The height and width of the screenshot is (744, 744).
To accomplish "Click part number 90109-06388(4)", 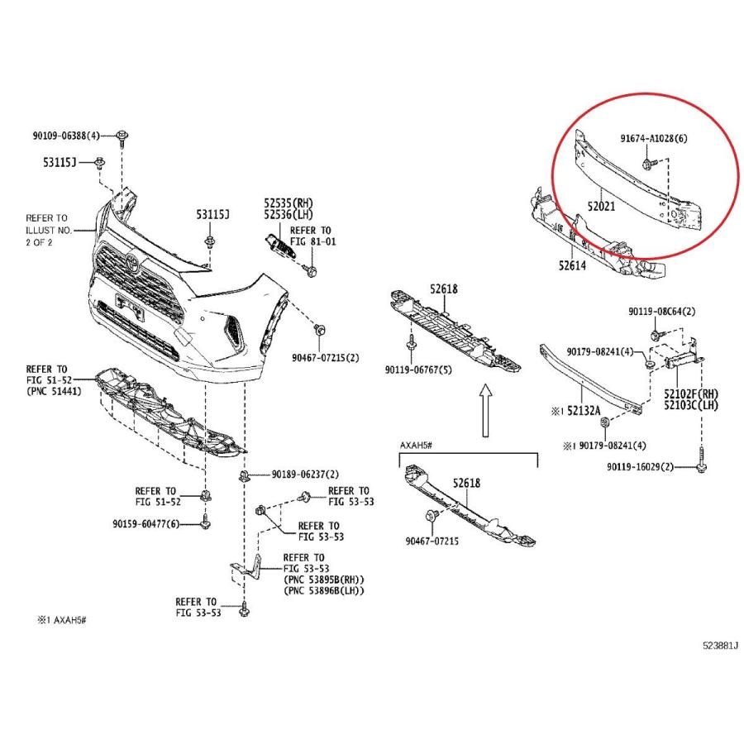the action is [66, 136].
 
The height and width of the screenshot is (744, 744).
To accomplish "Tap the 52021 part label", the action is [601, 207].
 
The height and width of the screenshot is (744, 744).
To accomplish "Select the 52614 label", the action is [572, 265].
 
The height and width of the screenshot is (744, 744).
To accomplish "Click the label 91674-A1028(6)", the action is [654, 139].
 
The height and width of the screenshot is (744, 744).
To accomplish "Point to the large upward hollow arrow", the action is [485, 410].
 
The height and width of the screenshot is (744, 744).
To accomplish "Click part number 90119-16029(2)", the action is [640, 467].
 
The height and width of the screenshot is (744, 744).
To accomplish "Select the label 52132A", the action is [584, 410].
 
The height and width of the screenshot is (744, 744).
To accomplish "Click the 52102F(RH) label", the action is [691, 393].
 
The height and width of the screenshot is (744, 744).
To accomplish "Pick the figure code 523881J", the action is [720, 646].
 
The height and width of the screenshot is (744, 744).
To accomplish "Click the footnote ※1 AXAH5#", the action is [62, 620].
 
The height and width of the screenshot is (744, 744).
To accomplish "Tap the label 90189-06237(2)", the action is [305, 475].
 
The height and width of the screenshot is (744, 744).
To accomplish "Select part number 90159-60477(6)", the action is [146, 524].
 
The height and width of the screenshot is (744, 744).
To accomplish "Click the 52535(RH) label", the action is [289, 203].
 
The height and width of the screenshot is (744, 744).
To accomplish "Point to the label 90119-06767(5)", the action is [418, 370].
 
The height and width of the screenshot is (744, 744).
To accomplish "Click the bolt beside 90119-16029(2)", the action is [701, 460].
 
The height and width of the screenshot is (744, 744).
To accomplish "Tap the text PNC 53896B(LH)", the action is [324, 591].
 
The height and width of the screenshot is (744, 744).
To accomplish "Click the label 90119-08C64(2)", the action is [662, 312].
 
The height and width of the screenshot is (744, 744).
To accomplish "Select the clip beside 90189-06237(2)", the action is [245, 475].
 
